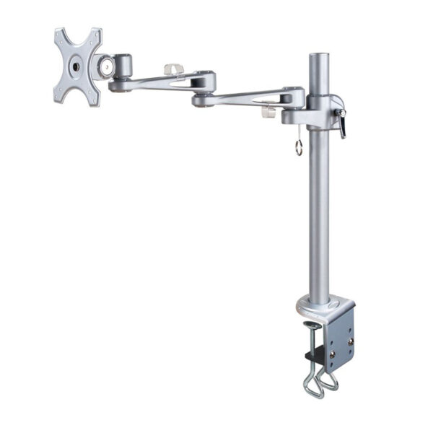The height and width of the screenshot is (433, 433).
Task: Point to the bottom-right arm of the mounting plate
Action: [x=92, y=97]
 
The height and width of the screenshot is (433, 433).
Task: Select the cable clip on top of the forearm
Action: [x=172, y=69]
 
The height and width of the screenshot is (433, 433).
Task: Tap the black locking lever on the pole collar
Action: [x=342, y=123]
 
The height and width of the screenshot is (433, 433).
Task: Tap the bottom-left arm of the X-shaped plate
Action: [x=61, y=95]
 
